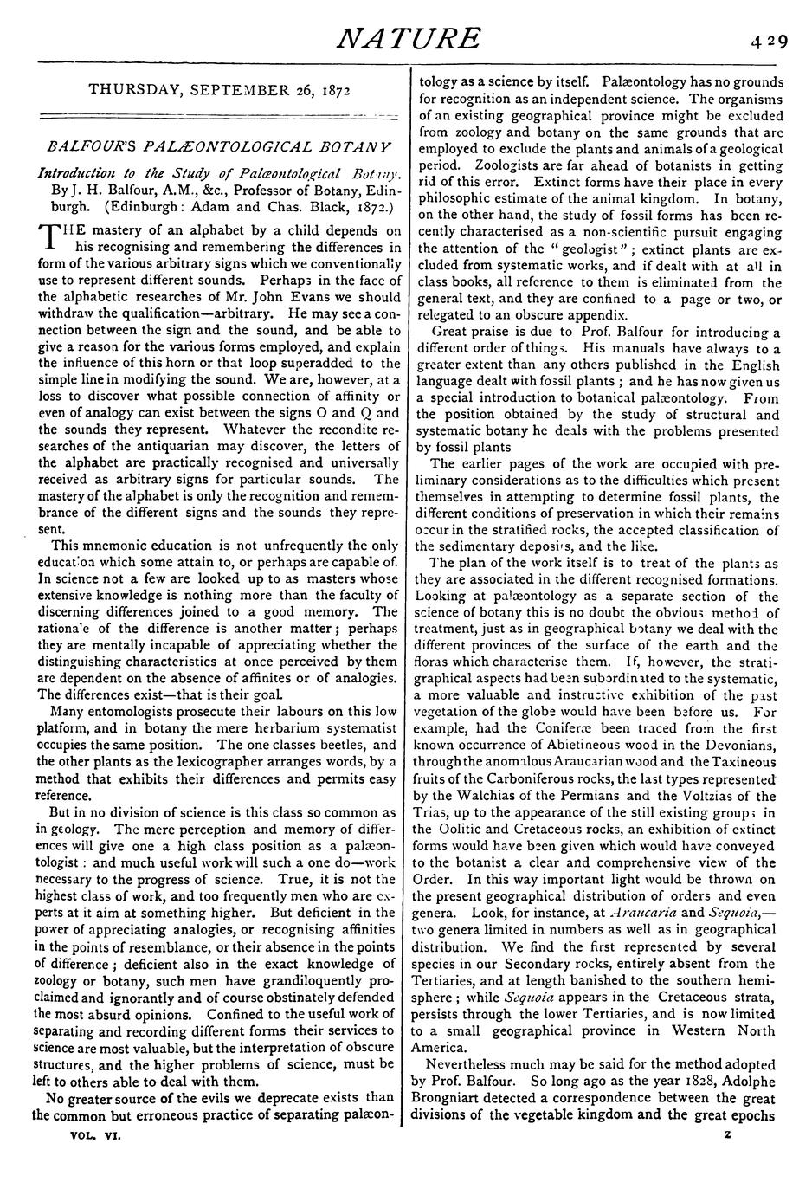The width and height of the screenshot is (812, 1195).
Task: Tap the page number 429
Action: tap(770, 41)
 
